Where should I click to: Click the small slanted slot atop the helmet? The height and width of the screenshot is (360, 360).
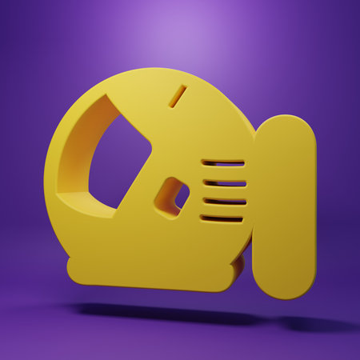coord(178,96)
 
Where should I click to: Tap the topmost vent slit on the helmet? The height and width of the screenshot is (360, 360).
coord(222,162)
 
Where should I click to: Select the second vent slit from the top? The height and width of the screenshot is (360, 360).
coord(223,182)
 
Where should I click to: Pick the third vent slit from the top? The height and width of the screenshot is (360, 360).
coord(222,200)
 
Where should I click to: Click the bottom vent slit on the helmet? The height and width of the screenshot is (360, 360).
coord(222,218)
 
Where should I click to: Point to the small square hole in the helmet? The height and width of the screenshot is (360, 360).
coord(174,196)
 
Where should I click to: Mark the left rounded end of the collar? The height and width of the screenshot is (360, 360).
coord(74,268)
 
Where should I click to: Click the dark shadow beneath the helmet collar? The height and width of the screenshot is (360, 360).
coord(160,310)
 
